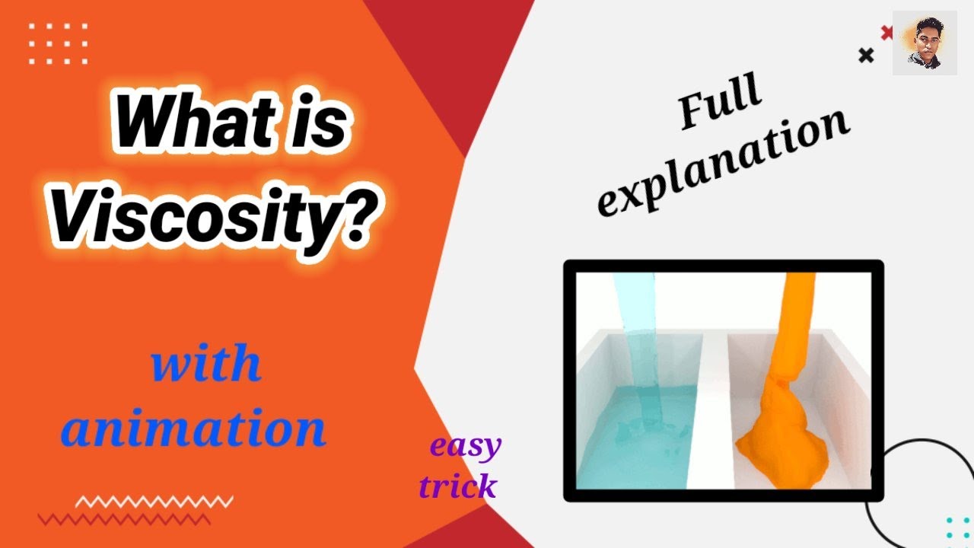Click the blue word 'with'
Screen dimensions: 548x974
[x=206, y=365]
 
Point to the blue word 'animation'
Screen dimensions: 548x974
[x=194, y=429]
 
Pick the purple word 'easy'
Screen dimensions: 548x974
[x=466, y=447]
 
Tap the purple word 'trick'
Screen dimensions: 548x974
[x=458, y=486]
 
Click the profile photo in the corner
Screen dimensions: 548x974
[x=925, y=43]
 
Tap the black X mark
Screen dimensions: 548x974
[x=866, y=55]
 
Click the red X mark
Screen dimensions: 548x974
[x=886, y=32]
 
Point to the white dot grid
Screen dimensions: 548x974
[x=58, y=43]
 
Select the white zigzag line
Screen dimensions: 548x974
[x=154, y=502]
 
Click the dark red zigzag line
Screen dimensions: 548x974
[x=124, y=520]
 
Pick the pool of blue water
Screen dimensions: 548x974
[x=635, y=449]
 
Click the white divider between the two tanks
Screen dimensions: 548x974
[x=712, y=411]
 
